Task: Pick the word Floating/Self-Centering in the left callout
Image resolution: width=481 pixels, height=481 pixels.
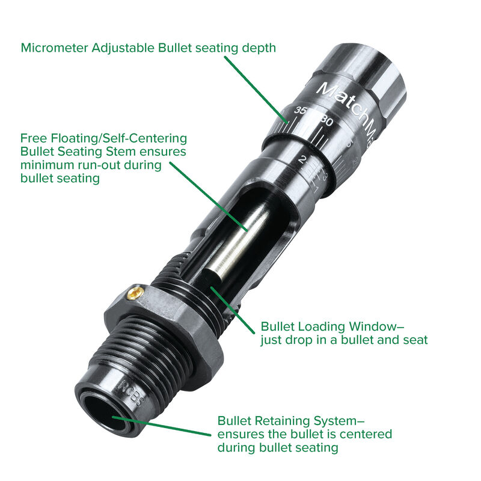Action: coord(103,138)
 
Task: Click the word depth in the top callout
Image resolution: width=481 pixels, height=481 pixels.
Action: coord(259,47)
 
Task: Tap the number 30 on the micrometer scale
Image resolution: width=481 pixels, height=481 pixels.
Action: coord(326,120)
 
